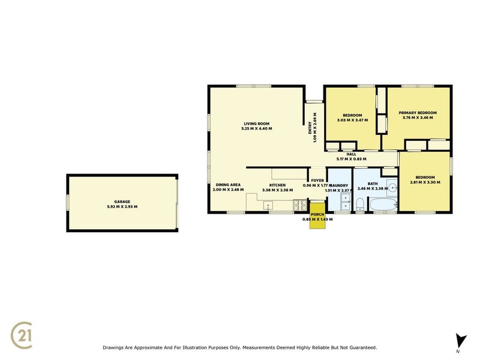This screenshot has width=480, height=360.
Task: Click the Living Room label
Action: click(x=256, y=123)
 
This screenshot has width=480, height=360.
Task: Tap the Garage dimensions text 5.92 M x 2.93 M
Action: click(x=122, y=206)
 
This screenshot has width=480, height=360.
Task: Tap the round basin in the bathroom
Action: click(x=391, y=187)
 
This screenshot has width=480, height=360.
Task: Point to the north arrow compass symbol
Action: click(x=460, y=340)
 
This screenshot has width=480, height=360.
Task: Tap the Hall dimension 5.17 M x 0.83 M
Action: click(x=351, y=159)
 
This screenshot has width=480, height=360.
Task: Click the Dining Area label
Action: click(x=228, y=185)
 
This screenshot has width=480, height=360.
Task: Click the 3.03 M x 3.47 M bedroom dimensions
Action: click(x=352, y=120)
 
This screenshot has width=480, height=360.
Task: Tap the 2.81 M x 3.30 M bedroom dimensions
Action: click(x=425, y=182)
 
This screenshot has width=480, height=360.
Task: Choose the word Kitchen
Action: click(x=277, y=185)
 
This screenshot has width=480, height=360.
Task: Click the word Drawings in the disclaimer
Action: click(x=115, y=347)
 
